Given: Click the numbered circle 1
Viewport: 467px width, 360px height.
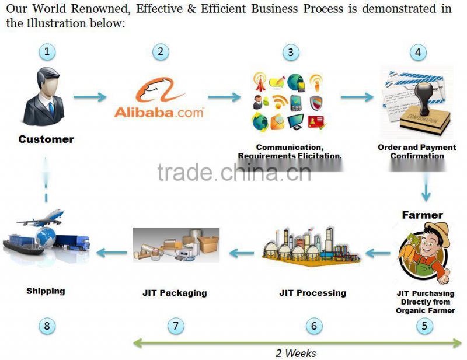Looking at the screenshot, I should point(47,52).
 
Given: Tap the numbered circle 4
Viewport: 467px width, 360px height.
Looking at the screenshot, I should point(417,52).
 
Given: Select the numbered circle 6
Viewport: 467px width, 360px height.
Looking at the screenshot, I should point(313,326).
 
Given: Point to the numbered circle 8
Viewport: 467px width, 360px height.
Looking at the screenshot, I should point(47,326).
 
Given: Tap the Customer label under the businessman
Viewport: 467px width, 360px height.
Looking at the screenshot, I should point(46,139).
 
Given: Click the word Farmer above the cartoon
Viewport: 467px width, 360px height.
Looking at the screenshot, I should point(422,215).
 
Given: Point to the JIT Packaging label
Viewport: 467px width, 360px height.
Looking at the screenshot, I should point(175,293).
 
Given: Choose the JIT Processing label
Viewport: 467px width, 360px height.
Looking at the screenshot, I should point(312,293).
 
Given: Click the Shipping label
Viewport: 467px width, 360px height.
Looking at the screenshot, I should point(46,291).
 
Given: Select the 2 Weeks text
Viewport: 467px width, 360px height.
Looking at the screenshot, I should point(296,353).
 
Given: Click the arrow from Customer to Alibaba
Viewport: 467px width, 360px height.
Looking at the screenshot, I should point(90,97).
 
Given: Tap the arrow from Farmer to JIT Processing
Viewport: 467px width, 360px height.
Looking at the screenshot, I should point(378,253).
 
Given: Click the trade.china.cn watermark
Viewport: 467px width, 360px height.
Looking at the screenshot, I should point(233,172).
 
